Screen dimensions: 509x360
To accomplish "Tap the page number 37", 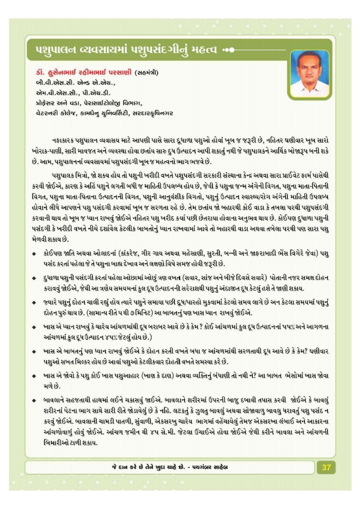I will [x=326, y=467].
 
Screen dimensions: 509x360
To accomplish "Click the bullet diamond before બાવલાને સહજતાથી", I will [x=32, y=400].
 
